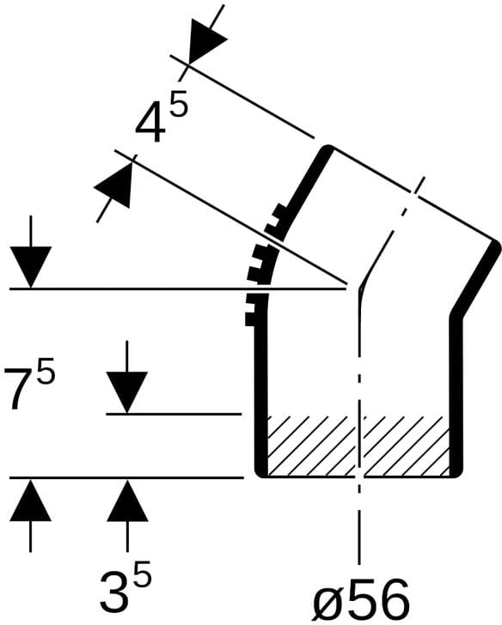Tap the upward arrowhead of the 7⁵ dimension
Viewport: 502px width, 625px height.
point(31,500)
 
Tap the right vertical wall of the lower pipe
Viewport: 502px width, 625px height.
point(456,395)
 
